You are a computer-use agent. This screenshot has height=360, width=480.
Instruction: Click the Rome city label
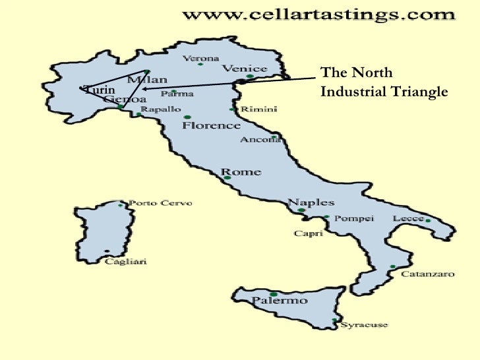coord(242,171)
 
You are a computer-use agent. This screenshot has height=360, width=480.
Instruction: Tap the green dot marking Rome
coord(227,177)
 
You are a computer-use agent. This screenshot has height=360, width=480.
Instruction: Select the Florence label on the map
coord(211,125)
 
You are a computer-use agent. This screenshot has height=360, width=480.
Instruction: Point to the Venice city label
coord(244,68)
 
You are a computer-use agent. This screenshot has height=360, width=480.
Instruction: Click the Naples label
coord(311,202)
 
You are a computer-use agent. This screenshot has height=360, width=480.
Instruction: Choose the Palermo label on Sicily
coord(280,301)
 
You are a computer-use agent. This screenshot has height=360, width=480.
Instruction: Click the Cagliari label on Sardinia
coord(126,261)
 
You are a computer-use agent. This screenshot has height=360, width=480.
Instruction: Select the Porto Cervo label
coord(160,203)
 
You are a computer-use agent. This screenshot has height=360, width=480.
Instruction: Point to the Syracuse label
coord(364,324)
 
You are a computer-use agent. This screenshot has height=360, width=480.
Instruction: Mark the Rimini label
coord(258,109)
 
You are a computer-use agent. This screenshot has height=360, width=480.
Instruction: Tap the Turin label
coord(100,90)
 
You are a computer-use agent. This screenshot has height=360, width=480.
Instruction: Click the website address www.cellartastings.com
coord(318,14)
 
